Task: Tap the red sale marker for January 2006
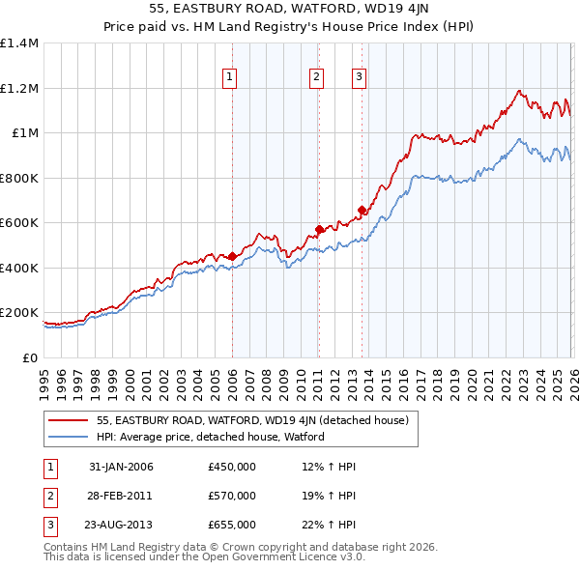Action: pos(232,256)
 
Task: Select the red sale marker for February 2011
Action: pos(318,230)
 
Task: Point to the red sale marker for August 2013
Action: pos(362,211)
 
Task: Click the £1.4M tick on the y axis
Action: pos(19,43)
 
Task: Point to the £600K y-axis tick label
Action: pos(19,223)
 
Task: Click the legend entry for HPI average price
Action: pos(210,437)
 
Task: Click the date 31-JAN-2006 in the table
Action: pos(121,468)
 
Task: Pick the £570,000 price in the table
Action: pos(232,496)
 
